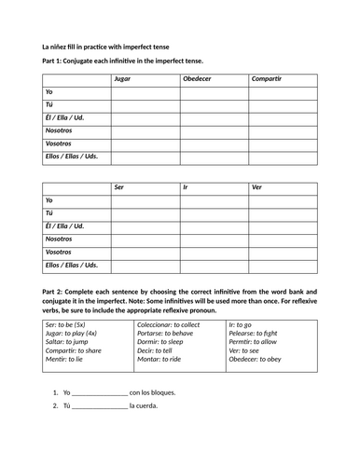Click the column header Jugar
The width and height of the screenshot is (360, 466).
pos(121,79)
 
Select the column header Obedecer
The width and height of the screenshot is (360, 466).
pos(197,79)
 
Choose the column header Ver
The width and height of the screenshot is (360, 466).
pos(257,187)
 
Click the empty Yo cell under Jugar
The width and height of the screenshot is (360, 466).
pos(145,92)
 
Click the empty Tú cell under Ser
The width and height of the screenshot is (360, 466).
pos(145,213)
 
